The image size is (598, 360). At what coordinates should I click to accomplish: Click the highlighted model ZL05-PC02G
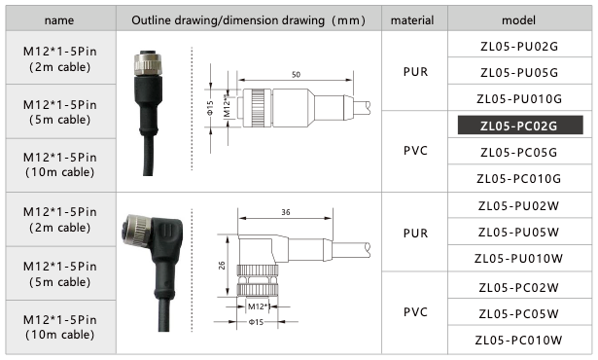point(518,126)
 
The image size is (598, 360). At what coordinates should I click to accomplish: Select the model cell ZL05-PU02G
point(518,46)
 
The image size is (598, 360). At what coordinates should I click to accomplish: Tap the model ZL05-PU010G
point(518,98)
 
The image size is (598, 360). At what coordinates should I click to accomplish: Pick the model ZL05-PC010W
point(518,340)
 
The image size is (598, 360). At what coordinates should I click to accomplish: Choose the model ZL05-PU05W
point(518,233)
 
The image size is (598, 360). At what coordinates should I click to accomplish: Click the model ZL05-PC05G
point(518,152)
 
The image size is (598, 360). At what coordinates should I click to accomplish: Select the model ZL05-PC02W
point(518,286)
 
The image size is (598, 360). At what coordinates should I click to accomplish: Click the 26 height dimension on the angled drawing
point(222,266)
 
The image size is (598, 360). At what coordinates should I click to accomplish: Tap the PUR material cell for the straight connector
point(411,72)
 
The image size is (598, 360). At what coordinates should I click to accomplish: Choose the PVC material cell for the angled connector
point(411,312)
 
